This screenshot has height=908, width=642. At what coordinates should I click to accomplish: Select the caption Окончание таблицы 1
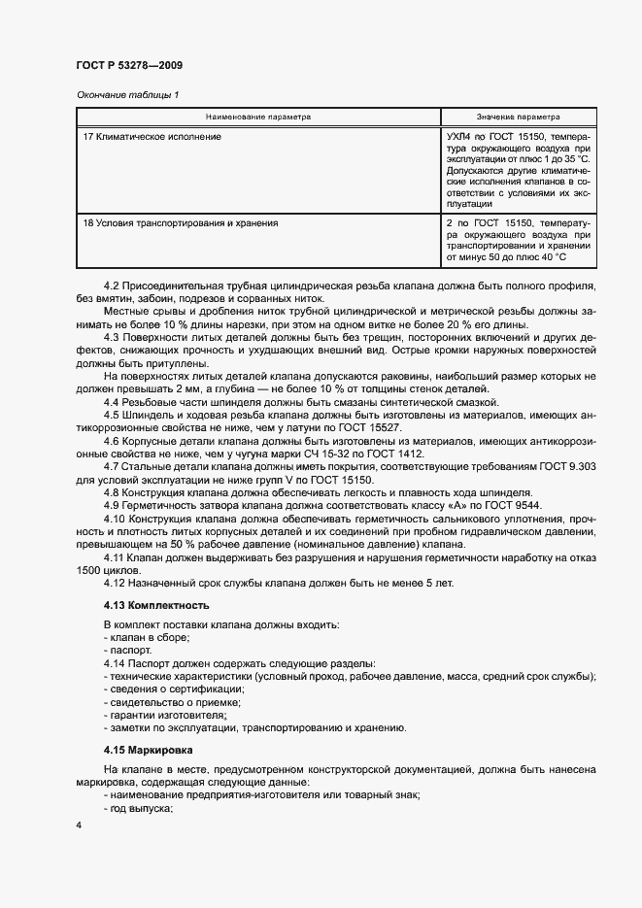[x=126, y=94]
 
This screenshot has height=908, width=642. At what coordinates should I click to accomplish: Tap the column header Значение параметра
[x=518, y=117]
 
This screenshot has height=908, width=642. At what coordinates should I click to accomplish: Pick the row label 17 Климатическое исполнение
[x=152, y=137]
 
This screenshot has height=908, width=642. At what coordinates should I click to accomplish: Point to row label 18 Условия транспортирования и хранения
[x=181, y=222]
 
